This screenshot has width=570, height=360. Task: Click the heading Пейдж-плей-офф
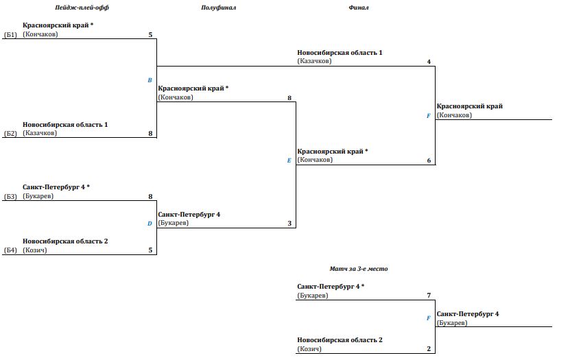[82, 8]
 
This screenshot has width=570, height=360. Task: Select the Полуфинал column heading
[219, 8]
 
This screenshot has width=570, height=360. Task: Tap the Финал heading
[359, 8]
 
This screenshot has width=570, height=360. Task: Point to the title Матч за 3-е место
[359, 269]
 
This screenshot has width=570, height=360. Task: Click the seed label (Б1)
[10, 35]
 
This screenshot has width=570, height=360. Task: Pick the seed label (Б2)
[10, 133]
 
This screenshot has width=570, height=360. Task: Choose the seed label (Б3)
[10, 197]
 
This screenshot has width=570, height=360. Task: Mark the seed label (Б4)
[10, 250]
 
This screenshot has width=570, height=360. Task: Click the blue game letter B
[150, 80]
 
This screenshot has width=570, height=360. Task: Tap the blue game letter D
[150, 224]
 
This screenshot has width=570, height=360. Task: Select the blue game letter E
[289, 160]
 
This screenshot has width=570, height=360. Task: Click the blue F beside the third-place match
[428, 318]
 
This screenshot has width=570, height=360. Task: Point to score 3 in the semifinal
[289, 224]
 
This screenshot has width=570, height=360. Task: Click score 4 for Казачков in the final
[429, 62]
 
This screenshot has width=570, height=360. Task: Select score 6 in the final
[429, 160]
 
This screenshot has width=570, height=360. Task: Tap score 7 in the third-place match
[429, 296]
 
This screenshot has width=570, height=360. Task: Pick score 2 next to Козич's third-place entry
[429, 349]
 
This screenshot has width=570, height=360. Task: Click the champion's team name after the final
[470, 106]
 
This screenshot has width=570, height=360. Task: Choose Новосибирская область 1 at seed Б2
[65, 125]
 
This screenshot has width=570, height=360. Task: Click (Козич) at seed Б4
[34, 250]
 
